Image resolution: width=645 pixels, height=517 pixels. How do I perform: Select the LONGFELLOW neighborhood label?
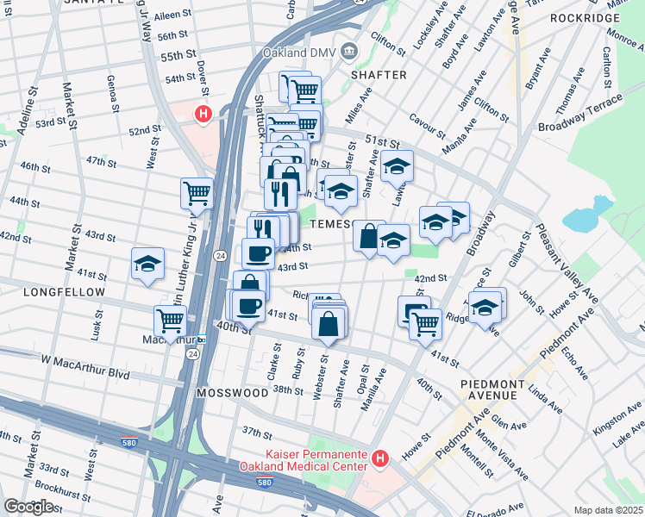(x=53, y=292)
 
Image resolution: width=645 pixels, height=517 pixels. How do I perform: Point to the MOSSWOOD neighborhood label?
(x=232, y=392)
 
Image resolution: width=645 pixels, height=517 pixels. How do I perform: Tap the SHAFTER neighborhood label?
(x=379, y=75)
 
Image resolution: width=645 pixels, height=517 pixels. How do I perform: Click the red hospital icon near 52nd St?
(x=204, y=113)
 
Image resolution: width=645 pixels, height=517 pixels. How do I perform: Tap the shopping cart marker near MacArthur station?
(x=171, y=321)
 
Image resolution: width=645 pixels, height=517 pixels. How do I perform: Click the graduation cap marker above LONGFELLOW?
(x=148, y=263)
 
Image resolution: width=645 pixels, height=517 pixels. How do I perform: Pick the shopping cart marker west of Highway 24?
(x=197, y=193)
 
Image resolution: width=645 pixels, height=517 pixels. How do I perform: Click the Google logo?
(x=29, y=507)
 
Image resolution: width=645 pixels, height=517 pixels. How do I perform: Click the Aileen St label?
(x=172, y=16)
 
